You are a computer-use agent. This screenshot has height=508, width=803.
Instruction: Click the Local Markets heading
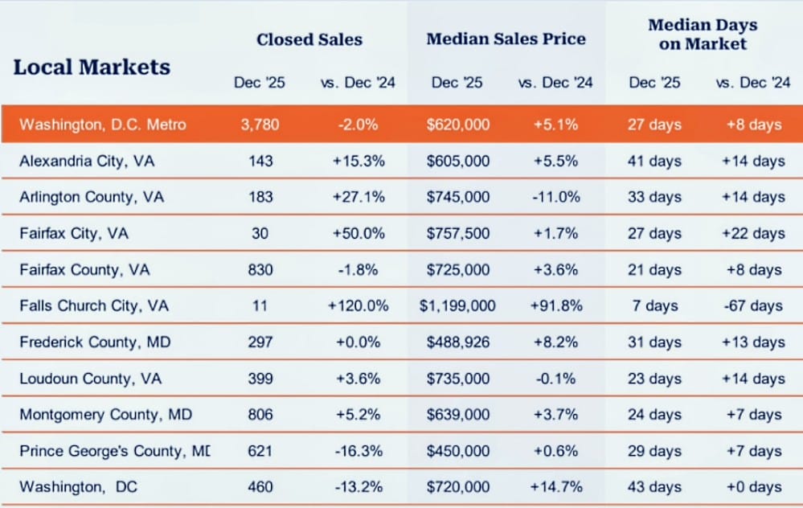(92, 67)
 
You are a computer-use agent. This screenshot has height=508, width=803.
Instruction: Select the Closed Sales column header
(309, 39)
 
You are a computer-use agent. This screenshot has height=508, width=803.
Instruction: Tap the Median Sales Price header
(506, 39)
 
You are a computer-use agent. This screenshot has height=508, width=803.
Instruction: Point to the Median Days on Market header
(703, 35)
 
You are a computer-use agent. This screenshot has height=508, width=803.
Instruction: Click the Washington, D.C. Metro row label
(102, 125)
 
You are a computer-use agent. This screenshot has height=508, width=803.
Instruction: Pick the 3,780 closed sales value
(260, 125)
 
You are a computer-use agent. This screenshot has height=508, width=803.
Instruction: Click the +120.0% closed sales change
(358, 306)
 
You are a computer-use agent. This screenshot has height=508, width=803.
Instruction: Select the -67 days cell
(752, 306)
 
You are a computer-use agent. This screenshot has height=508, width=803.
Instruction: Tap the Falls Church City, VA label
(94, 306)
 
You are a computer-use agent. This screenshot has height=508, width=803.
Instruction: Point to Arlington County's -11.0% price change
(555, 197)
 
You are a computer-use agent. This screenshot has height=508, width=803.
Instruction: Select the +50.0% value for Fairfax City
(358, 234)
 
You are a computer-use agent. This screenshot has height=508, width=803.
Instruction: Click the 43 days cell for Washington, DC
(654, 487)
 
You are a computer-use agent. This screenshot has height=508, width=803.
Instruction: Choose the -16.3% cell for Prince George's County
(358, 451)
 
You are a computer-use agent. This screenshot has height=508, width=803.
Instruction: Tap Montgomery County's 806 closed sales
(260, 415)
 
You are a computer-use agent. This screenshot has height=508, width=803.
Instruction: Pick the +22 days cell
(752, 234)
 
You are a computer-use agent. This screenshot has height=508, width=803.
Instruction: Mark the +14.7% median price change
(555, 487)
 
